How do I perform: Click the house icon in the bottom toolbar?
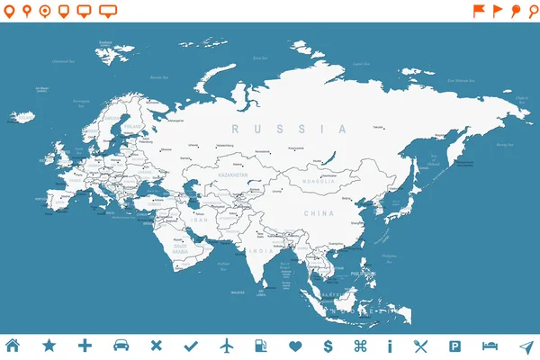click(13, 346)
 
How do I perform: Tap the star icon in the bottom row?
click(49, 346)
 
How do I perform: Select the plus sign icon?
click(85, 346)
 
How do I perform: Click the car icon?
click(120, 346)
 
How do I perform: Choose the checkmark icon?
click(191, 346)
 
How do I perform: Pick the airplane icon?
click(226, 346)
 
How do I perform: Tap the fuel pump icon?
click(261, 346)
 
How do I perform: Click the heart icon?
click(295, 346)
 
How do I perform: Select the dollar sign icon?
click(328, 346)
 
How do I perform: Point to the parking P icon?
click(455, 346)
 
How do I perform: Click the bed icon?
click(490, 346)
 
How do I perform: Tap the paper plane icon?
click(526, 346)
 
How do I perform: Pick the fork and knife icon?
click(420, 346)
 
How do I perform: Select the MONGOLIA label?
click(317, 182)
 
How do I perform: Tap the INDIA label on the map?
click(261, 250)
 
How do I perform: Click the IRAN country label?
click(200, 220)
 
